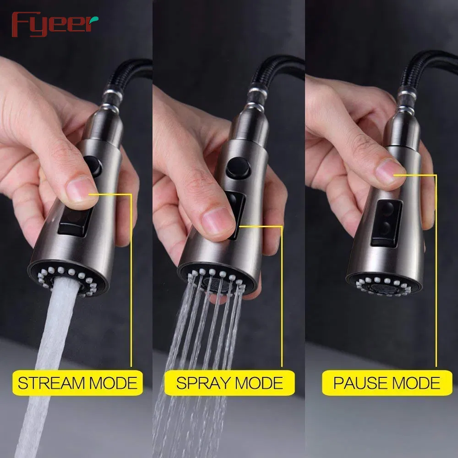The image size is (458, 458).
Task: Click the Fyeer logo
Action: [x=55, y=24]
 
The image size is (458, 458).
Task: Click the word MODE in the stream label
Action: [x=113, y=383]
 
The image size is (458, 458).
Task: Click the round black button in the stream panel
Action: [x=93, y=166]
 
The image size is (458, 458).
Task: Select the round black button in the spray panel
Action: [x=238, y=168]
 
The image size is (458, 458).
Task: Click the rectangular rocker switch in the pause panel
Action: [x=386, y=223]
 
